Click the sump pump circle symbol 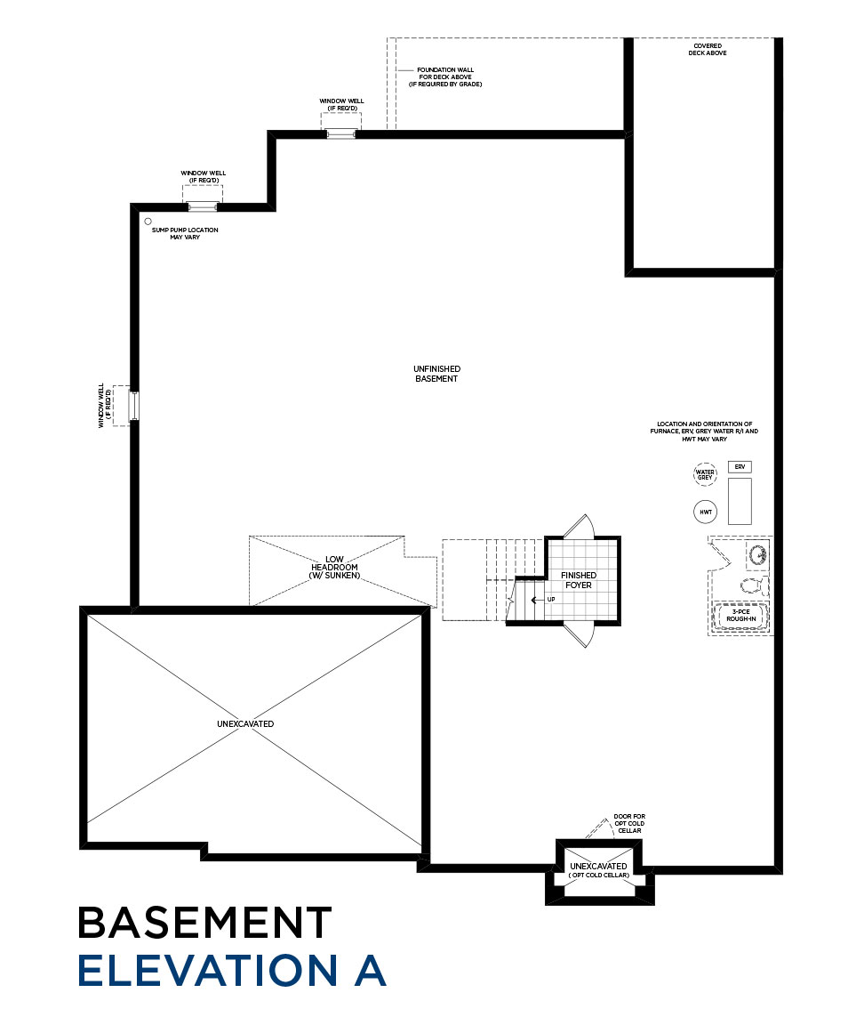[x=148, y=222]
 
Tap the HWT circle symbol [x=705, y=513]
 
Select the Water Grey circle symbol [x=705, y=474]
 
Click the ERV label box [x=740, y=466]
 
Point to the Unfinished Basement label [x=436, y=374]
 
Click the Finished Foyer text [x=579, y=580]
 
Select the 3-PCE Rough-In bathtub [x=740, y=617]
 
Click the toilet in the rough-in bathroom [x=751, y=586]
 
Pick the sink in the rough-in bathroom [x=757, y=554]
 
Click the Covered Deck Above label [x=708, y=50]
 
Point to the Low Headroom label [x=334, y=567]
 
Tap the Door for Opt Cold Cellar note [x=629, y=823]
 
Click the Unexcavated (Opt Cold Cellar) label [x=598, y=871]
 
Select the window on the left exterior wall [x=133, y=406]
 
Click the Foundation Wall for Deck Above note [x=445, y=77]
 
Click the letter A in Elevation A [x=370, y=971]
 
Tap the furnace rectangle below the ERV [x=740, y=501]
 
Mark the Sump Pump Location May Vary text [x=185, y=234]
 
